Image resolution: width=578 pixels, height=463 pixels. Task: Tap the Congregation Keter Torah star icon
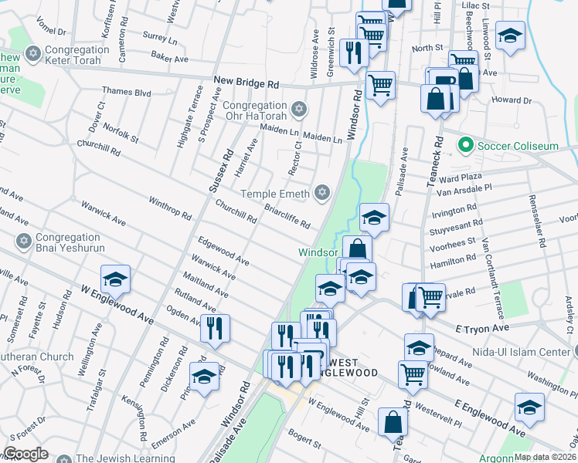click(x=32, y=54)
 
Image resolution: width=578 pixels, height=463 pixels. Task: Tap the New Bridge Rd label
click(x=246, y=82)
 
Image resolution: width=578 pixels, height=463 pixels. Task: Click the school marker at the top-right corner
click(x=510, y=36)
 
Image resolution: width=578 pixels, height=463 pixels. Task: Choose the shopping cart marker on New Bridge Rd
click(x=379, y=84)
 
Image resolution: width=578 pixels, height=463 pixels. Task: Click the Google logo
click(x=25, y=454)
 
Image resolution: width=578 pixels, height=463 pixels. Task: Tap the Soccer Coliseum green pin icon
click(x=465, y=145)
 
